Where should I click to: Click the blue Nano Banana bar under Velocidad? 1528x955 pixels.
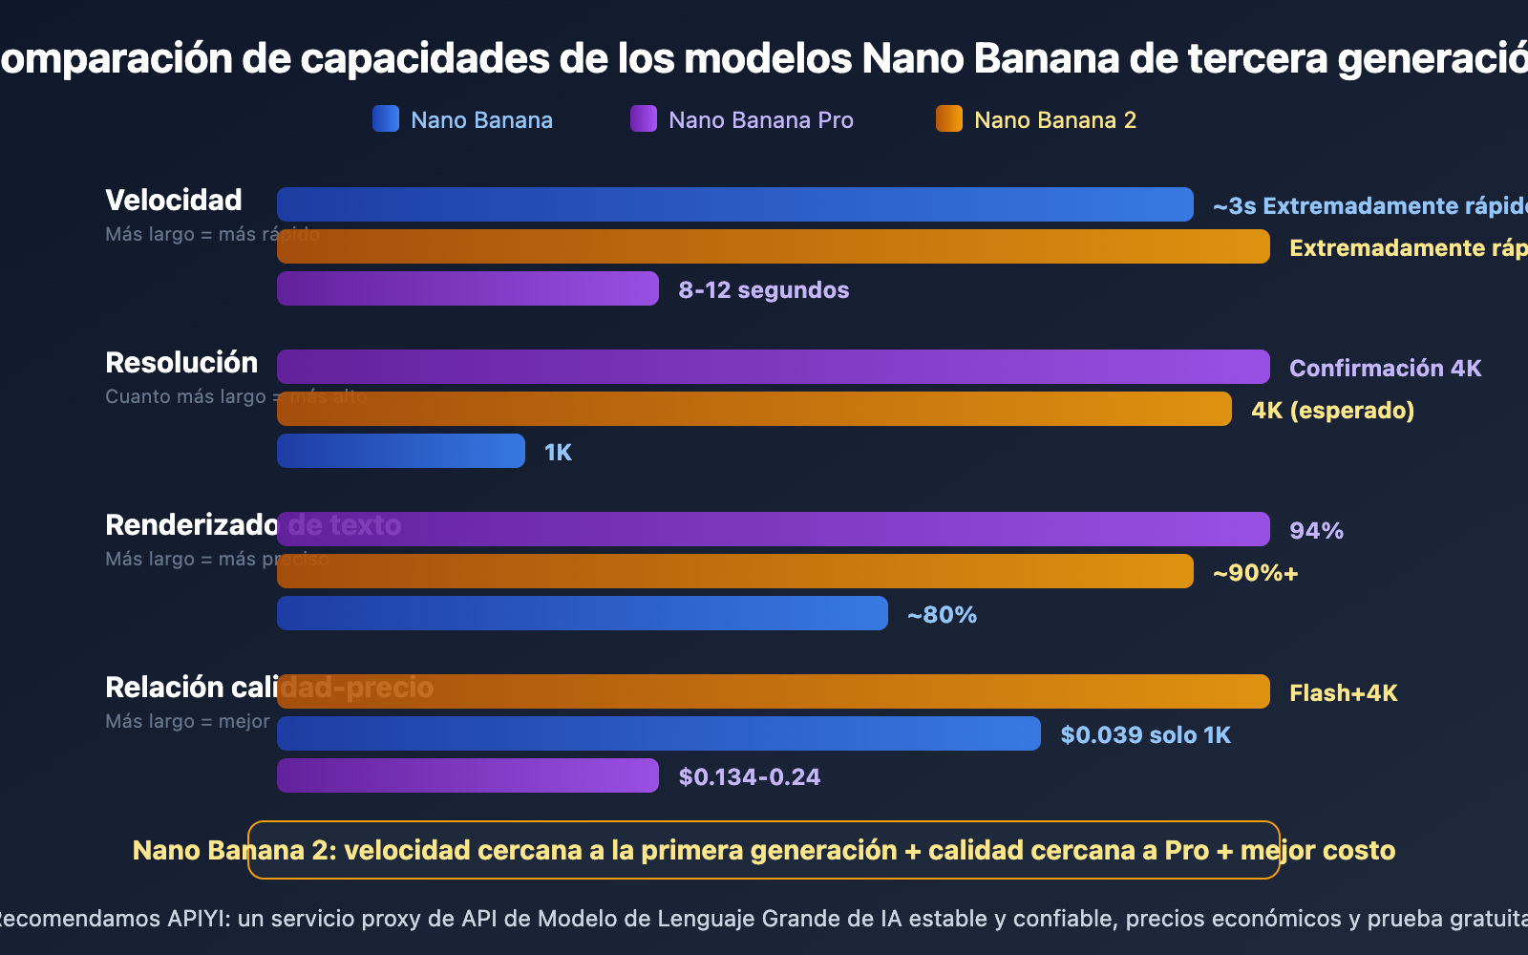pos(735,204)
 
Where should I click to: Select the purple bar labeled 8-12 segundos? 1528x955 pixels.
pos(468,288)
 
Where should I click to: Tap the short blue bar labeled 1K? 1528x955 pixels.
pos(401,451)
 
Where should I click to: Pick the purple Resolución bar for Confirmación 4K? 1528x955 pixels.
pos(774,367)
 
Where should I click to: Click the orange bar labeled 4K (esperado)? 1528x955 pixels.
pos(754,409)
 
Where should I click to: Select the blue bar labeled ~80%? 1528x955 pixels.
pos(583,613)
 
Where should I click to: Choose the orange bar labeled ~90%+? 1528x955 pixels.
pos(735,571)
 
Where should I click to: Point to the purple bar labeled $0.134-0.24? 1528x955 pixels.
pos(468,775)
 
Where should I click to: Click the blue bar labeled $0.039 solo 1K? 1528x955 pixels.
pos(659,733)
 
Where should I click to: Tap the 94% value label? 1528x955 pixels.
pos(1316,531)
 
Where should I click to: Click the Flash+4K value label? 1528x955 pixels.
pos(1343,693)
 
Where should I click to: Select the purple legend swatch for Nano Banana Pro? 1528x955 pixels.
pos(644,118)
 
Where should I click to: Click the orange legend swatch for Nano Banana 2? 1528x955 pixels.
pos(949,118)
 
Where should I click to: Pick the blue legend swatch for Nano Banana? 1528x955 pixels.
pos(386,118)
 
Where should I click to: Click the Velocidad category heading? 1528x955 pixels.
pos(174,201)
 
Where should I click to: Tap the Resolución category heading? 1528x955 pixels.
pos(181,363)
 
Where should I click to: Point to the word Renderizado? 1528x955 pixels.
pos(191,525)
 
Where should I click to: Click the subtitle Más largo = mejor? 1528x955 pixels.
pos(187,721)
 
